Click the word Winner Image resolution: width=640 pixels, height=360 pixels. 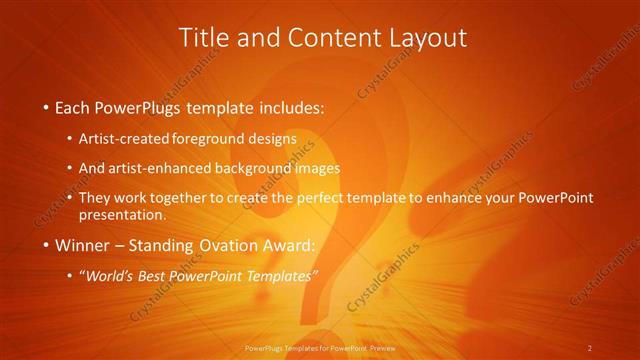click(x=83, y=244)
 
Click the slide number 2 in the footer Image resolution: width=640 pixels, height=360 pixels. click(x=590, y=348)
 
